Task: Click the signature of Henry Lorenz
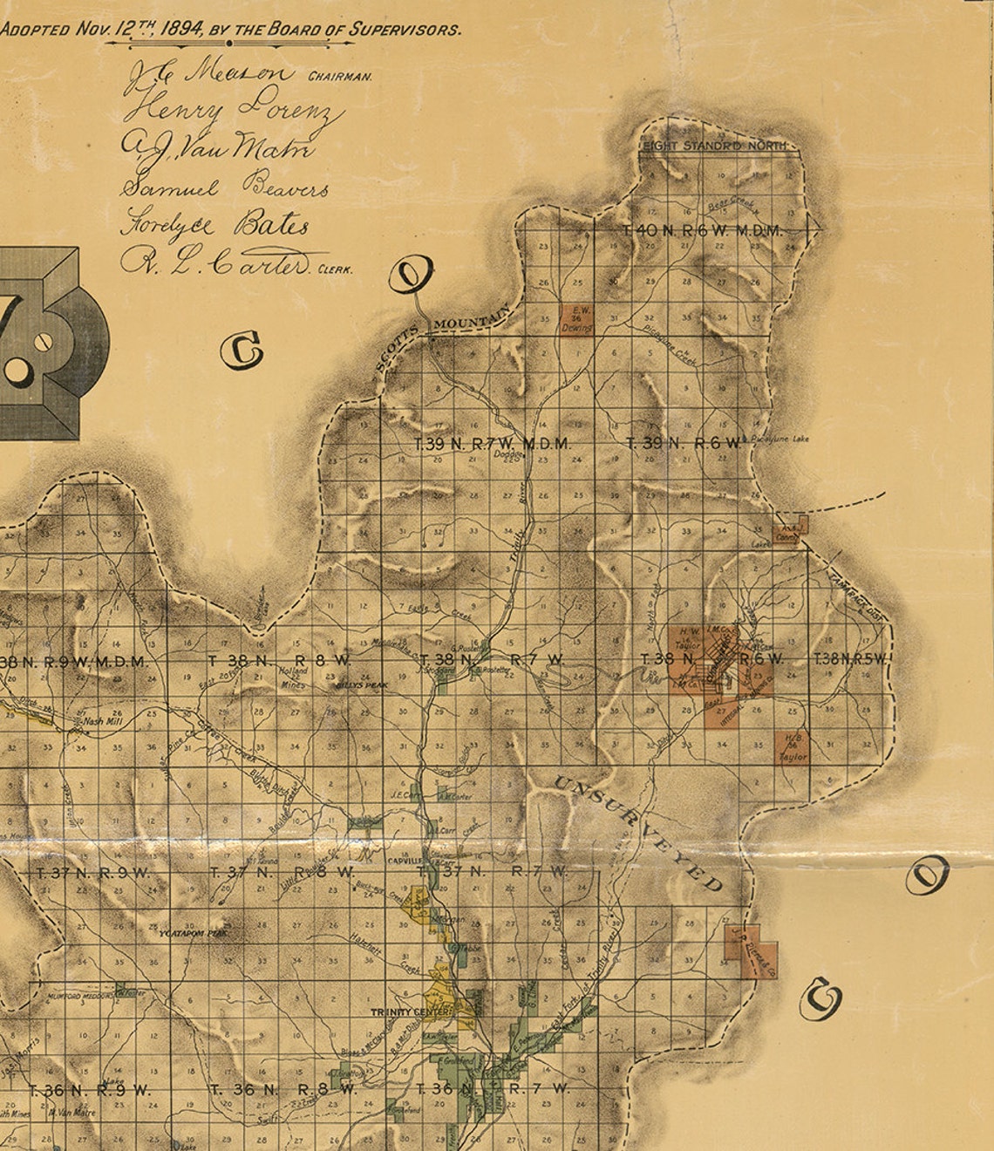coord(234,110)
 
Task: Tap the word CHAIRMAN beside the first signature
coord(341,77)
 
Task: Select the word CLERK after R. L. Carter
coord(336,270)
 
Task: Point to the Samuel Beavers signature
coord(227,187)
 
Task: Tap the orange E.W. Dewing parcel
coord(576,318)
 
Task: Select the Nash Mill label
coord(102,721)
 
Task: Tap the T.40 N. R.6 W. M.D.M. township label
coord(703,231)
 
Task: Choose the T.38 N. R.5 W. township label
coord(850,659)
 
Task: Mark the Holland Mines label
coord(293,678)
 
